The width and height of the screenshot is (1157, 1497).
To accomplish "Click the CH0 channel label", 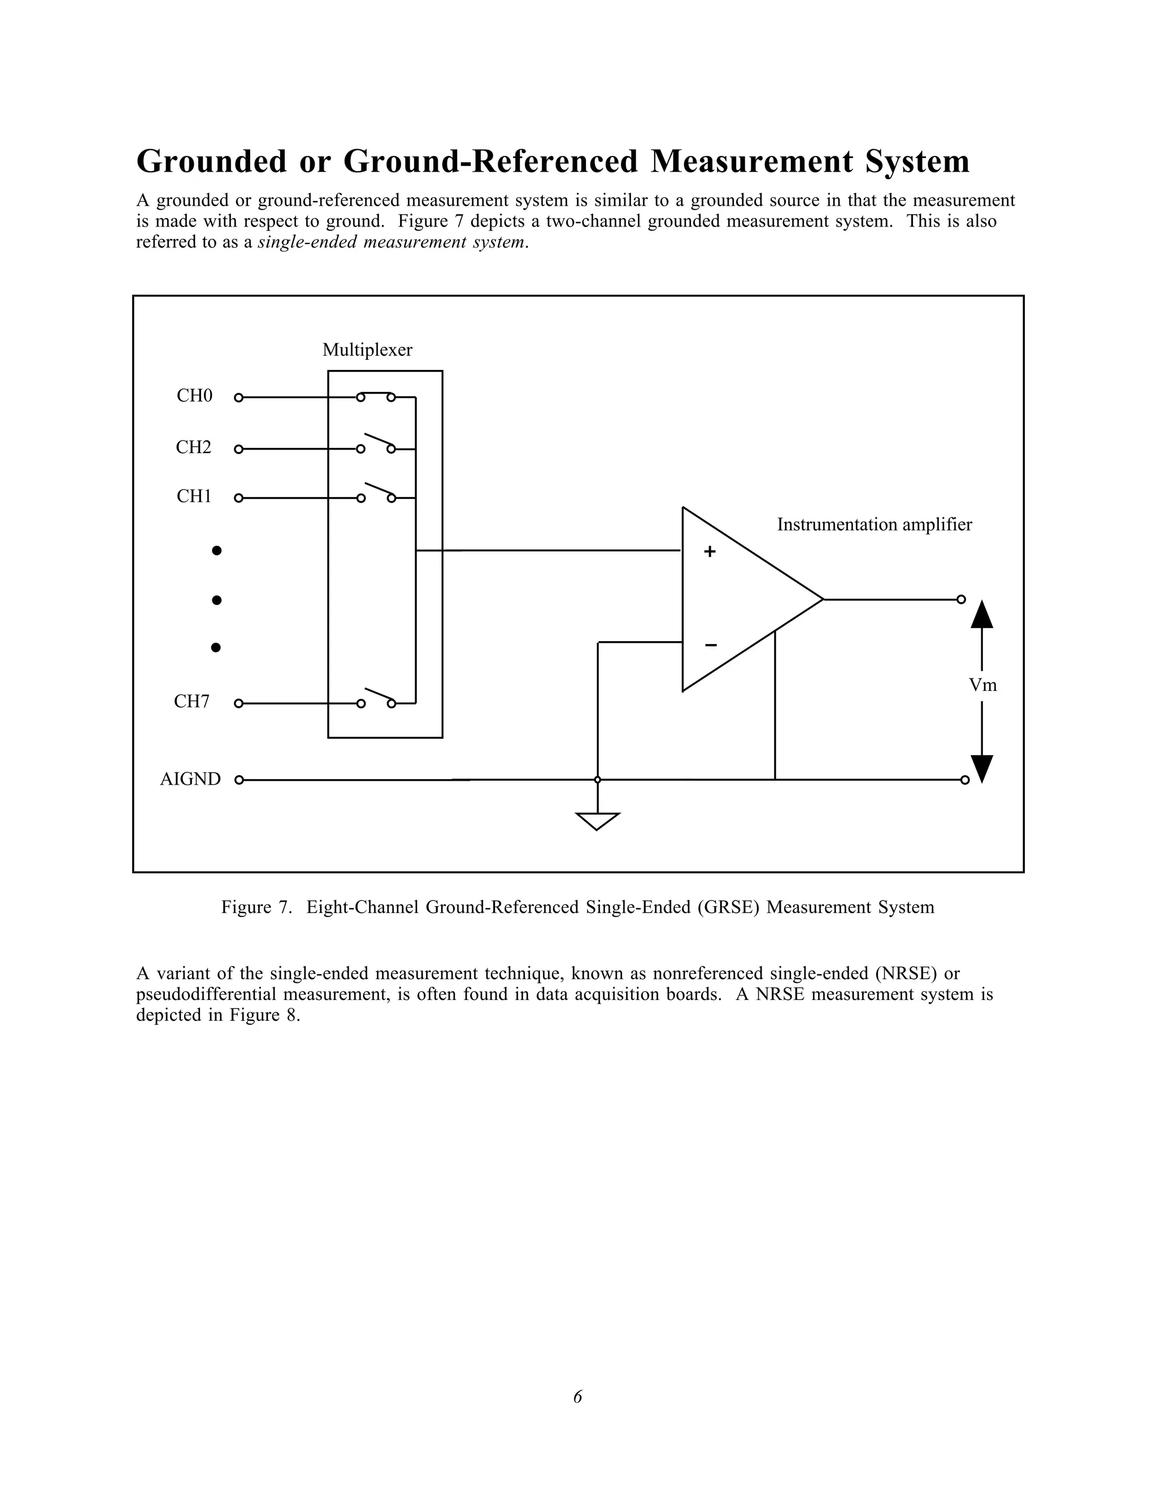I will pyautogui.click(x=195, y=396).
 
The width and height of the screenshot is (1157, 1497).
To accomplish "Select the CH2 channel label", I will pyautogui.click(x=194, y=447).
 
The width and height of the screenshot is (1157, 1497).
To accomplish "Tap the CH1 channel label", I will pyautogui.click(x=195, y=496).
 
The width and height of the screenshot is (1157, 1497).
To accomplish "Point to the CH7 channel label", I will pyautogui.click(x=192, y=702).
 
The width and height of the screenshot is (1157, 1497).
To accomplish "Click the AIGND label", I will pyautogui.click(x=190, y=780).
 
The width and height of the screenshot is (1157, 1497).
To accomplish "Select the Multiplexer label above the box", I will pyautogui.click(x=367, y=350).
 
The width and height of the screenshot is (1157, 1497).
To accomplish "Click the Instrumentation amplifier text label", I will pyautogui.click(x=874, y=525).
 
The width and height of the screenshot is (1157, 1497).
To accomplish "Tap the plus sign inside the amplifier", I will pyautogui.click(x=710, y=551).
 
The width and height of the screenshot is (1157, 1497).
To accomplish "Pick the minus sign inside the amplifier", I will pyautogui.click(x=711, y=645).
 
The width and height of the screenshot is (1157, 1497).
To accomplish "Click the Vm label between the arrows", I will pyautogui.click(x=982, y=685).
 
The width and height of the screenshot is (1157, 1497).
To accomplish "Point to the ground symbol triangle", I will pyautogui.click(x=598, y=820).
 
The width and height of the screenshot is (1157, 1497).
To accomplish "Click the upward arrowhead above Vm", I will pyautogui.click(x=982, y=615).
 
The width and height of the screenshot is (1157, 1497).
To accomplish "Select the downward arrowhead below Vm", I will pyautogui.click(x=982, y=768).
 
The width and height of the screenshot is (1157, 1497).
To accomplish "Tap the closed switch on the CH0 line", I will pyautogui.click(x=376, y=395).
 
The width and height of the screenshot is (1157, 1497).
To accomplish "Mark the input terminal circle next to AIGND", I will pyautogui.click(x=239, y=780).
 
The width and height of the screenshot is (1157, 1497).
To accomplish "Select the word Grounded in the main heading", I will pyautogui.click(x=212, y=162).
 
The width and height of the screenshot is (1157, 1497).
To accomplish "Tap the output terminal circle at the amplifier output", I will pyautogui.click(x=961, y=600).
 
